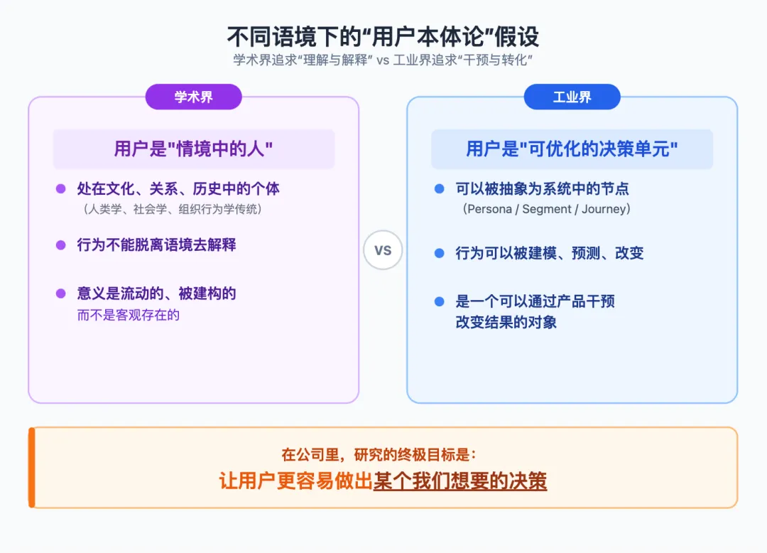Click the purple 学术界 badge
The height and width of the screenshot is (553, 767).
click(193, 97)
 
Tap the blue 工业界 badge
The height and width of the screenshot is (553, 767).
click(572, 97)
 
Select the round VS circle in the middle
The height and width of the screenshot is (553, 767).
click(383, 250)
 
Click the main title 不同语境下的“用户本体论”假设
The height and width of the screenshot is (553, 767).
click(383, 36)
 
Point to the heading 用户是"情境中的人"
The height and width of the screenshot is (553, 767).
click(193, 149)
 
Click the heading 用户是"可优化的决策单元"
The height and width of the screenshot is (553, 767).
click(572, 149)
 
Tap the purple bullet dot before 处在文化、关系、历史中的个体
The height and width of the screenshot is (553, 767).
click(61, 189)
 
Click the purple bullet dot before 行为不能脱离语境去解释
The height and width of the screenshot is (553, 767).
click(61, 245)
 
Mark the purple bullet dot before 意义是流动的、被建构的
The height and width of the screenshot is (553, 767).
click(61, 294)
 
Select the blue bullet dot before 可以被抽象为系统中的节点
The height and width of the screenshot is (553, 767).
click(440, 189)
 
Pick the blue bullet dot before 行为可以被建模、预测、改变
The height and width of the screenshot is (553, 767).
click(440, 253)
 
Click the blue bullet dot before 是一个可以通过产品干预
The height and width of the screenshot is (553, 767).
click(440, 301)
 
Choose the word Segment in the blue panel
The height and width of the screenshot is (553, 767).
click(548, 209)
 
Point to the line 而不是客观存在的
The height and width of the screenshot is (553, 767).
click(128, 315)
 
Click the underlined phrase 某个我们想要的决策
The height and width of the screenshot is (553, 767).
click(459, 481)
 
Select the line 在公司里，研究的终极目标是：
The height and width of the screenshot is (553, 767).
click(383, 455)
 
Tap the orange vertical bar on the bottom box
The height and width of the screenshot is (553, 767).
click(31, 468)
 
